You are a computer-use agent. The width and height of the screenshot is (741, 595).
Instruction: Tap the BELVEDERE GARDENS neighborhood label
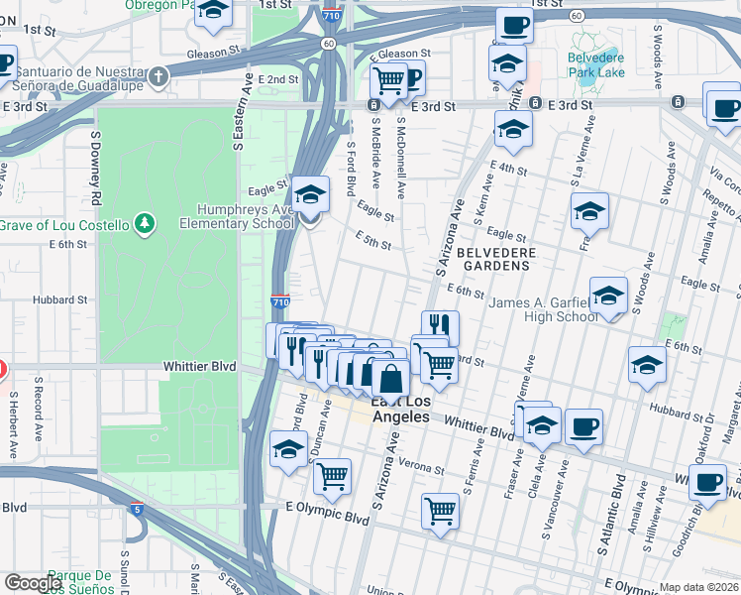(496, 262)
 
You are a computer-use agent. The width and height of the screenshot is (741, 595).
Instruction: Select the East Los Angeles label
(400, 410)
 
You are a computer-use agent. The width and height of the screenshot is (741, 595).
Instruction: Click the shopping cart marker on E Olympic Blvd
(440, 511)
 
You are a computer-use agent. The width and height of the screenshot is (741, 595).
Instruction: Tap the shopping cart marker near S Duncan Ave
(333, 476)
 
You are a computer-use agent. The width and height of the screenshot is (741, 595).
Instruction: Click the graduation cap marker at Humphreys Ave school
(310, 193)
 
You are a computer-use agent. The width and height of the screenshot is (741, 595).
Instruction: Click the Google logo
(33, 583)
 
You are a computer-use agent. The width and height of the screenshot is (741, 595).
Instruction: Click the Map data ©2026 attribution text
(699, 587)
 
